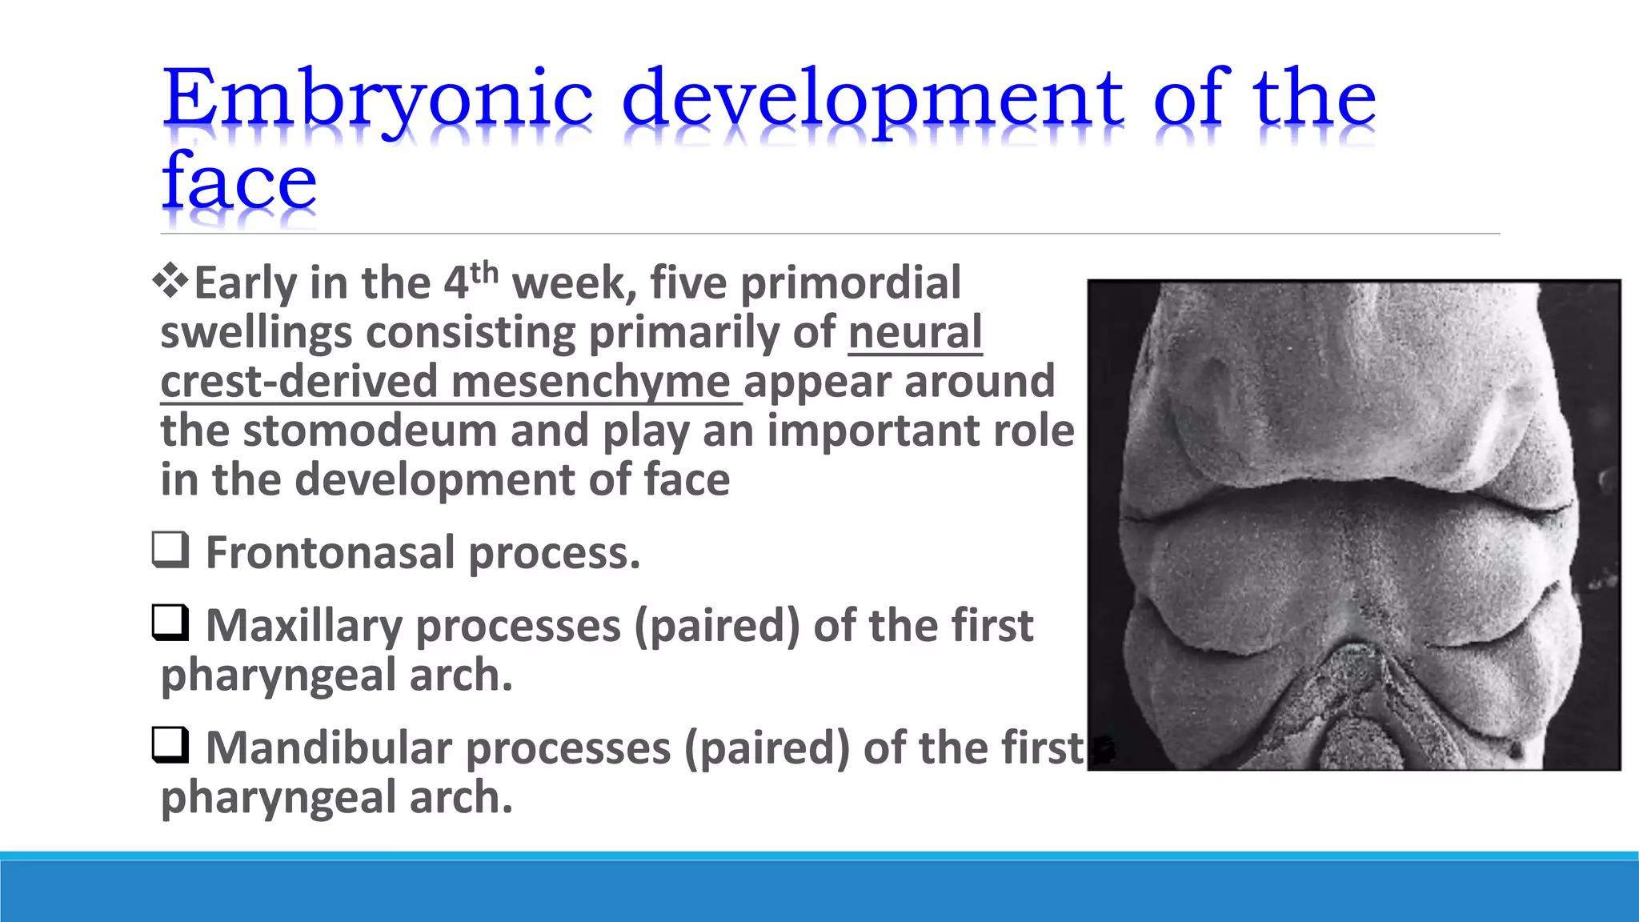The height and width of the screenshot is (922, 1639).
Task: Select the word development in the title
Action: [873, 101]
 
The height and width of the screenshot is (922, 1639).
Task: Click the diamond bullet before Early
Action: [170, 282]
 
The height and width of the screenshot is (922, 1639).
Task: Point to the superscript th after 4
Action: [484, 273]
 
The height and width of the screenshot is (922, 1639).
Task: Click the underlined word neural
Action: [915, 331]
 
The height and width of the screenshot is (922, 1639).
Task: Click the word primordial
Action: [851, 283]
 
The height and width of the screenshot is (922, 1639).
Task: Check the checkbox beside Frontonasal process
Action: [170, 550]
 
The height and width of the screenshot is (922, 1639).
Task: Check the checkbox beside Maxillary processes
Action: [170, 623]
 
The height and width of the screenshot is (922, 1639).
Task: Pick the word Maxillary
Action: [304, 627]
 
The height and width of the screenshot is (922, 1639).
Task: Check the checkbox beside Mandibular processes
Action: [170, 745]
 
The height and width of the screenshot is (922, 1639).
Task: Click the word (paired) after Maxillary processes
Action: [717, 627]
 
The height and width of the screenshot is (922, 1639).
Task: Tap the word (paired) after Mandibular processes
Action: [767, 749]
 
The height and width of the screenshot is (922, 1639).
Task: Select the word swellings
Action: [256, 333]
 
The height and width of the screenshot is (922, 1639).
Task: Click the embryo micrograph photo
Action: [1354, 525]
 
